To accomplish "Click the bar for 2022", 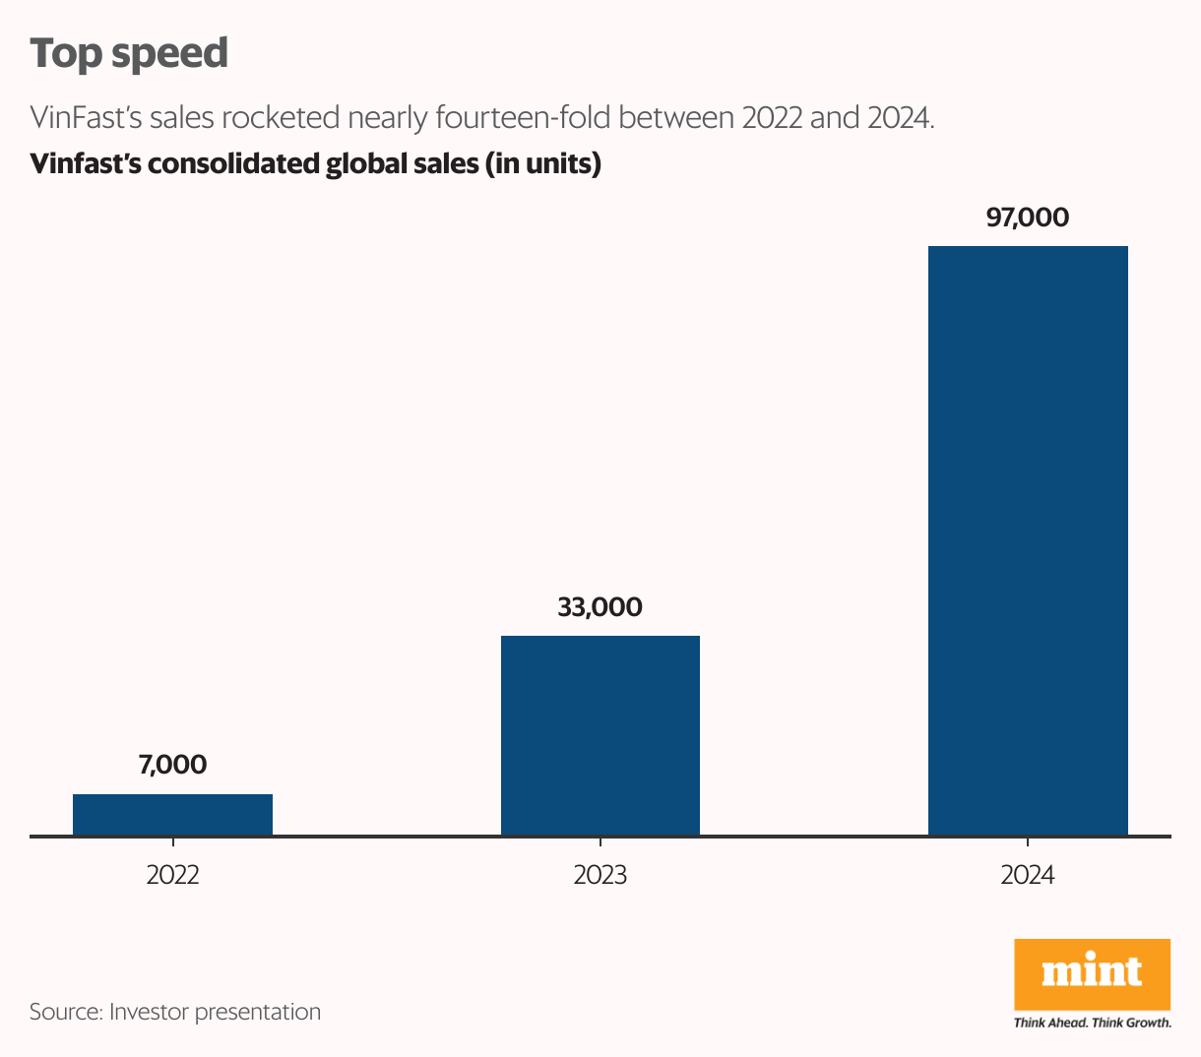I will pyautogui.click(x=172, y=815).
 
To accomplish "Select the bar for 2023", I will pyautogui.click(x=600, y=735).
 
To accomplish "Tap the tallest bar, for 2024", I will pyautogui.click(x=1028, y=540).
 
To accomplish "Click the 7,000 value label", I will pyautogui.click(x=172, y=765).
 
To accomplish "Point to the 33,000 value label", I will pyautogui.click(x=600, y=607).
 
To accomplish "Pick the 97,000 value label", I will pyautogui.click(x=1027, y=218).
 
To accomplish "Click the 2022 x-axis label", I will pyautogui.click(x=172, y=875).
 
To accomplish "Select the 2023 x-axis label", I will pyautogui.click(x=600, y=875).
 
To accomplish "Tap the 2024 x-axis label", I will pyautogui.click(x=1027, y=875).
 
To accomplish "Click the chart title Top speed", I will pyautogui.click(x=129, y=53).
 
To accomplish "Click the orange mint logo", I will pyautogui.click(x=1092, y=973).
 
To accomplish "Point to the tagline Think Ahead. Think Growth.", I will pyautogui.click(x=1092, y=1023).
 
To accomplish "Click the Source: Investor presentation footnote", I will pyautogui.click(x=175, y=1012).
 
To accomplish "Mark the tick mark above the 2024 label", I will pyautogui.click(x=1027, y=842).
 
